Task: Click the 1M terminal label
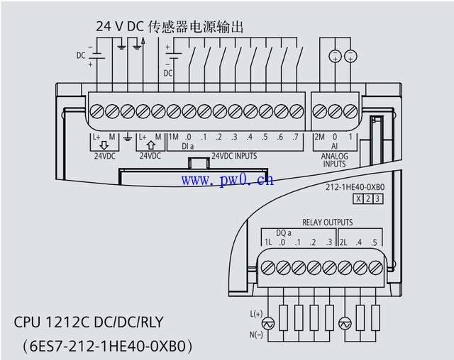pos(173,137)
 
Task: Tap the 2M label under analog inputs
pos(320,137)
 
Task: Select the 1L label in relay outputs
pos(268,242)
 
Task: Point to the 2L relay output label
pos(343,242)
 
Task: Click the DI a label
pos(187,146)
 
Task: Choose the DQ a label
pos(284,232)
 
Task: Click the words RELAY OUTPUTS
pos(328,222)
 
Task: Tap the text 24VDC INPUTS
pos(234,156)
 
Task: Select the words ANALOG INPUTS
pos(334,160)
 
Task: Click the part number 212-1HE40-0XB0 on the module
pos(355,187)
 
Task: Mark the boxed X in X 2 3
pos(358,199)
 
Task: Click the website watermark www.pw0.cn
pos(227,180)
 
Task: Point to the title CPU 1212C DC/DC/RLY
pos(89,322)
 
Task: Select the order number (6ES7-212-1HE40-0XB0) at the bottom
pos(107,346)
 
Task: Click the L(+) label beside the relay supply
pos(256,314)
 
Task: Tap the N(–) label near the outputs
pos(256,335)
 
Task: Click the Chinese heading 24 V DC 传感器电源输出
pos(170,26)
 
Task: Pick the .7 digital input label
pos(295,137)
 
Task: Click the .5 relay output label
pos(374,242)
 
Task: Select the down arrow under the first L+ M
pos(104,145)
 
